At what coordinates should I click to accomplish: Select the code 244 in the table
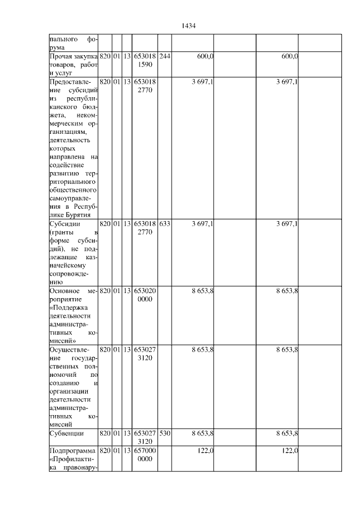[164, 57]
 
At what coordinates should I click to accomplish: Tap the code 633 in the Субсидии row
[164, 224]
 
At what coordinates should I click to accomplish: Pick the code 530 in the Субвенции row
[164, 434]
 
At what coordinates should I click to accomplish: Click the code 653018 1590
[145, 61]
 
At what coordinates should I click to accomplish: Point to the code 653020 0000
[145, 295]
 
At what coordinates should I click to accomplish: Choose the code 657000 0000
[145, 456]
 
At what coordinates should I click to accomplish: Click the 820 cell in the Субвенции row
[105, 434]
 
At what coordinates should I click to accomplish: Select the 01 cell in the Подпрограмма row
[116, 452]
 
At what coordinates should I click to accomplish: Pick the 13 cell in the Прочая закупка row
[127, 57]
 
